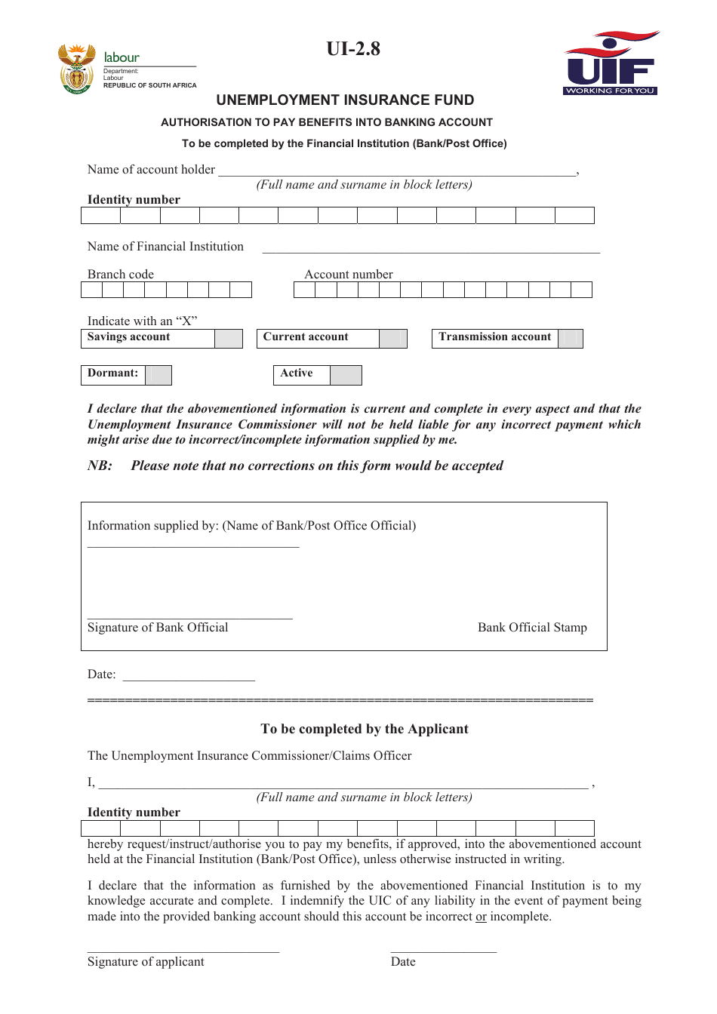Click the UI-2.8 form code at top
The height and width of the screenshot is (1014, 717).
[353, 49]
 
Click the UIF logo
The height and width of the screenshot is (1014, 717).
[611, 63]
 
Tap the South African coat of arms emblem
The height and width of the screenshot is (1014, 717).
[76, 69]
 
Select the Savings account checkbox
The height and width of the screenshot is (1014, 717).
[228, 338]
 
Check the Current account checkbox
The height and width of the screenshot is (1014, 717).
[392, 338]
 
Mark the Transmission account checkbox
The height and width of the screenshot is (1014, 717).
[570, 338]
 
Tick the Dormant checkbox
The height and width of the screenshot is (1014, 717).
[158, 375]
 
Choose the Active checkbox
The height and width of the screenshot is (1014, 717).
[346, 375]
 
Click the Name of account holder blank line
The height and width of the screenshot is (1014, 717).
[397, 173]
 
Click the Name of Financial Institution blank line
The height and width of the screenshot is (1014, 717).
[430, 250]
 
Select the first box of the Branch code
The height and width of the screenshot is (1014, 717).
[91, 290]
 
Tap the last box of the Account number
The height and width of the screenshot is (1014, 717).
[581, 290]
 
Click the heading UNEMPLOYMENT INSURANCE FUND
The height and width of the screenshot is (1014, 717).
[345, 100]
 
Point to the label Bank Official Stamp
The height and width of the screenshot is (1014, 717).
[532, 628]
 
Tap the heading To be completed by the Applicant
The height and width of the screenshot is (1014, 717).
[365, 729]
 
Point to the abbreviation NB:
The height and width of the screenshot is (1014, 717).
[100, 466]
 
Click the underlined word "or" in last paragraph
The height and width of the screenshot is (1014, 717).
[481, 917]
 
